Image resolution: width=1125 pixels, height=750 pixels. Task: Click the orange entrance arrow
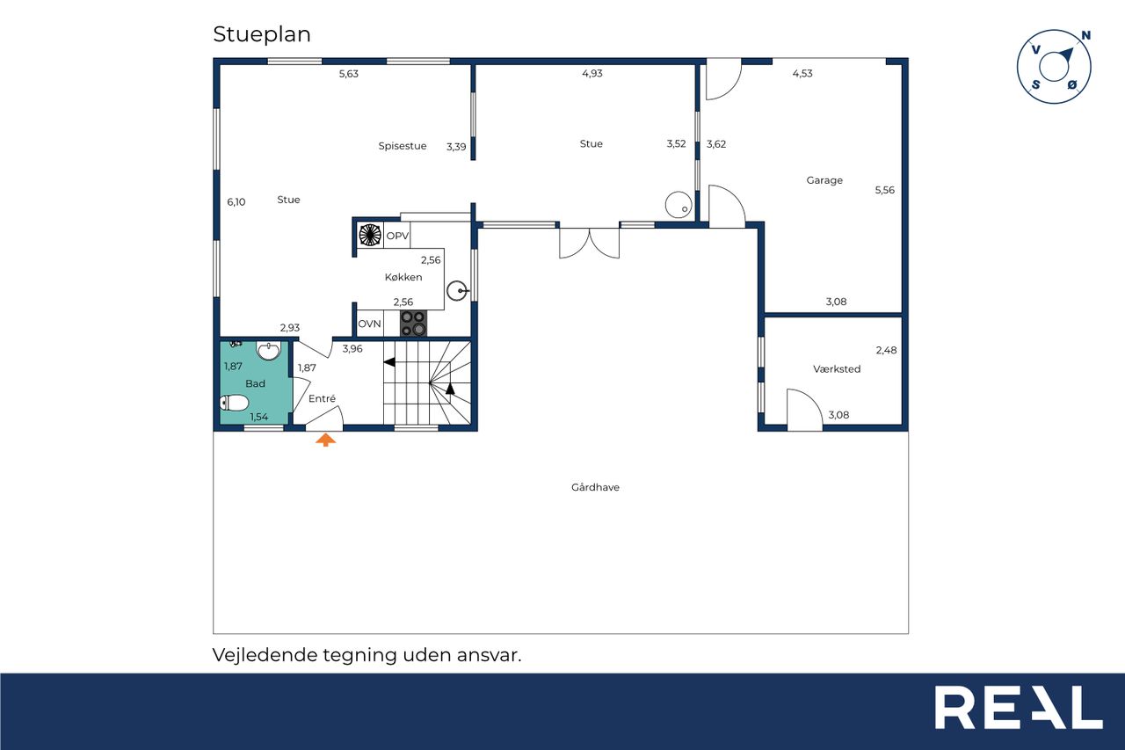pyautogui.click(x=325, y=440)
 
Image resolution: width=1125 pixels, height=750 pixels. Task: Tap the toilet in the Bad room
pyautogui.click(x=234, y=403)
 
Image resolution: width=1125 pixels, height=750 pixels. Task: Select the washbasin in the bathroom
pyautogui.click(x=269, y=351)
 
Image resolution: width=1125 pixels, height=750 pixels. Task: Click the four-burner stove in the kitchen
pyautogui.click(x=413, y=323)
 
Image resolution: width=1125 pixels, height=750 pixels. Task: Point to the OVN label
pyautogui.click(x=369, y=324)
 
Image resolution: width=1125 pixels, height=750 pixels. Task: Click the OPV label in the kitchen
pyautogui.click(x=397, y=236)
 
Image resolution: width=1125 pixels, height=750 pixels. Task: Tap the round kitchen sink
pyautogui.click(x=457, y=290)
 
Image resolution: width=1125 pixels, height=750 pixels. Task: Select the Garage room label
pyautogui.click(x=824, y=180)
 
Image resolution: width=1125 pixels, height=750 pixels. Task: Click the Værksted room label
pyautogui.click(x=837, y=368)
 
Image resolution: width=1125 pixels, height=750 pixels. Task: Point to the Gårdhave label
pyautogui.click(x=595, y=487)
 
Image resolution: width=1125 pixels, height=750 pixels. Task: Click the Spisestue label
pyautogui.click(x=403, y=146)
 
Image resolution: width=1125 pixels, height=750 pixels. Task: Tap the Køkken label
pyautogui.click(x=403, y=277)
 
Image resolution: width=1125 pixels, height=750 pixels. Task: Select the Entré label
pyautogui.click(x=322, y=398)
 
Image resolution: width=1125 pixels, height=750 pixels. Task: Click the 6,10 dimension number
pyautogui.click(x=236, y=202)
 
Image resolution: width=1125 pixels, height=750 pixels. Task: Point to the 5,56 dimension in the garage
pyautogui.click(x=884, y=190)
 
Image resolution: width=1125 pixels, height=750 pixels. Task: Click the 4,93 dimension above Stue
pyautogui.click(x=592, y=73)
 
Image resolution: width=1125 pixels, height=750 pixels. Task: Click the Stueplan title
pyautogui.click(x=262, y=34)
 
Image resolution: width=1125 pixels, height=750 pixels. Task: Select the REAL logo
pyautogui.click(x=1019, y=707)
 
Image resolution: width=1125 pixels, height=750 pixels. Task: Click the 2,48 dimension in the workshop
pyautogui.click(x=886, y=350)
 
